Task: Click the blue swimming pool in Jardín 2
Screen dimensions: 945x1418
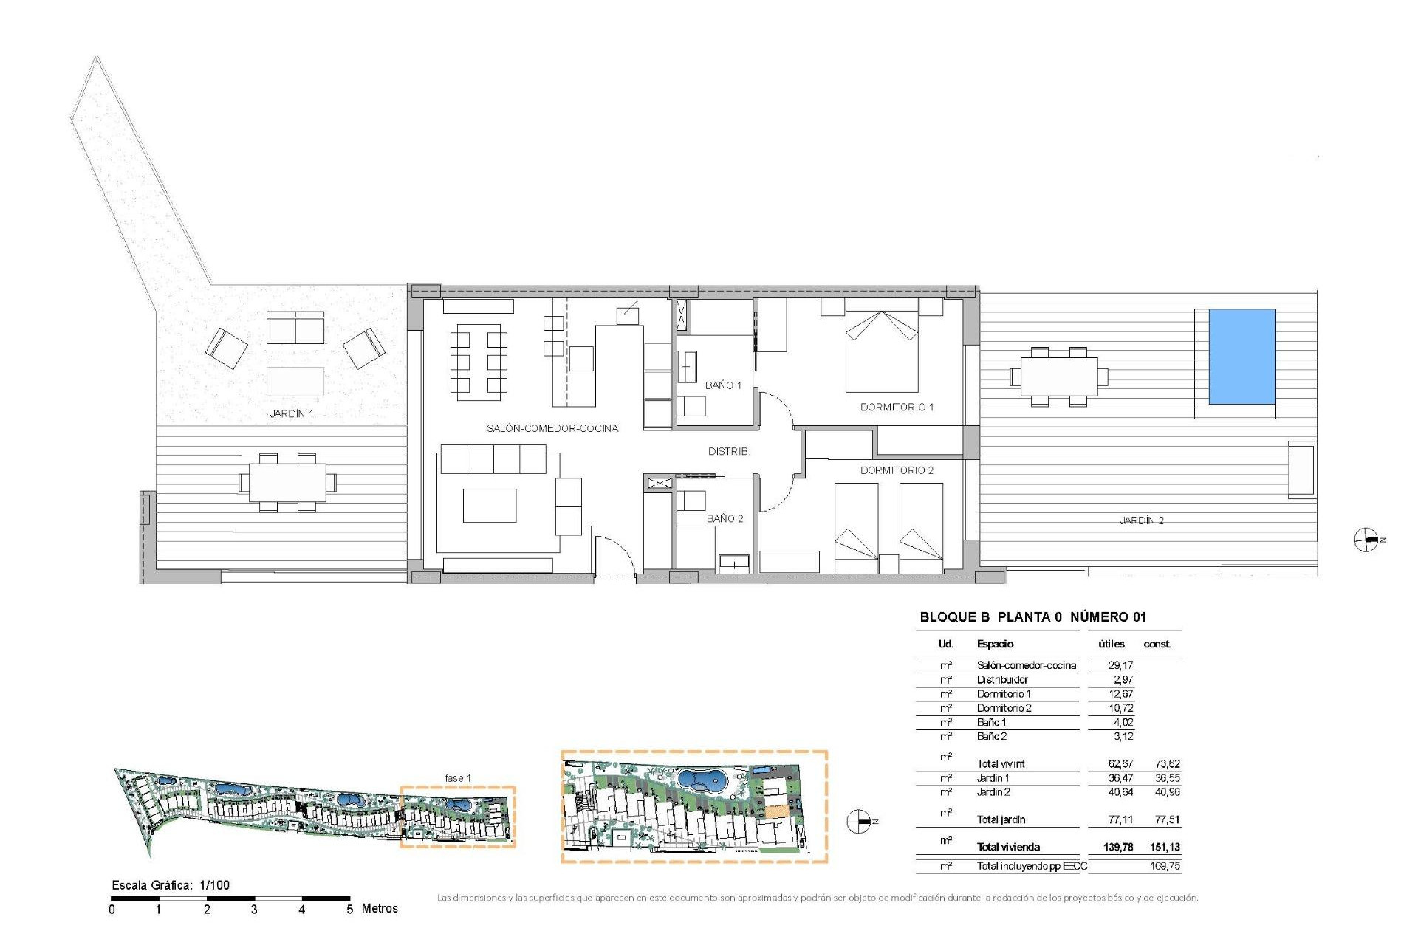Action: coord(1241,357)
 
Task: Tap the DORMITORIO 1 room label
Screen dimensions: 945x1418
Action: coord(897,407)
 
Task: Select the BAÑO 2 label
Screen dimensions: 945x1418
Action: coord(725,518)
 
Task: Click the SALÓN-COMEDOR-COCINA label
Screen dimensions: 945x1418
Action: coord(552,428)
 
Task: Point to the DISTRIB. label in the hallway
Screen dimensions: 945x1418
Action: coord(728,451)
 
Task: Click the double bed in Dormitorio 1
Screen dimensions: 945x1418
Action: coord(881,349)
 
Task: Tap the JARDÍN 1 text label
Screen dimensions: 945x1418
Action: coord(292,413)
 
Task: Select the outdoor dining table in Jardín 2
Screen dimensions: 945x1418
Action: coord(1058,377)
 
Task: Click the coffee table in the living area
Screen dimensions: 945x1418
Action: coord(489,506)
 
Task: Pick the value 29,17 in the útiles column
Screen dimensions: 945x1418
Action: coord(1120,665)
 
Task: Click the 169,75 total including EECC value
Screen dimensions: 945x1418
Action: coord(1164,866)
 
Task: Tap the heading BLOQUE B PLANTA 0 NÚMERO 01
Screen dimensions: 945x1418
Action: coord(1032,617)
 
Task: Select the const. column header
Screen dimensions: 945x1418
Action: coord(1157,644)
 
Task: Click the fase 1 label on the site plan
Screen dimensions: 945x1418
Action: coord(457,778)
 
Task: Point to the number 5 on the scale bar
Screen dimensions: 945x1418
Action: coord(350,910)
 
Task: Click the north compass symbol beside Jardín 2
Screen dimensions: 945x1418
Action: coord(1366,540)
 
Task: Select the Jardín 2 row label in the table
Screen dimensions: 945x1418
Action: coord(993,792)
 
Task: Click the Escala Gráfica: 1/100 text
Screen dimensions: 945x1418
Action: coord(171,885)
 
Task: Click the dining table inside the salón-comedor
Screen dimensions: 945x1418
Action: coord(478,362)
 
